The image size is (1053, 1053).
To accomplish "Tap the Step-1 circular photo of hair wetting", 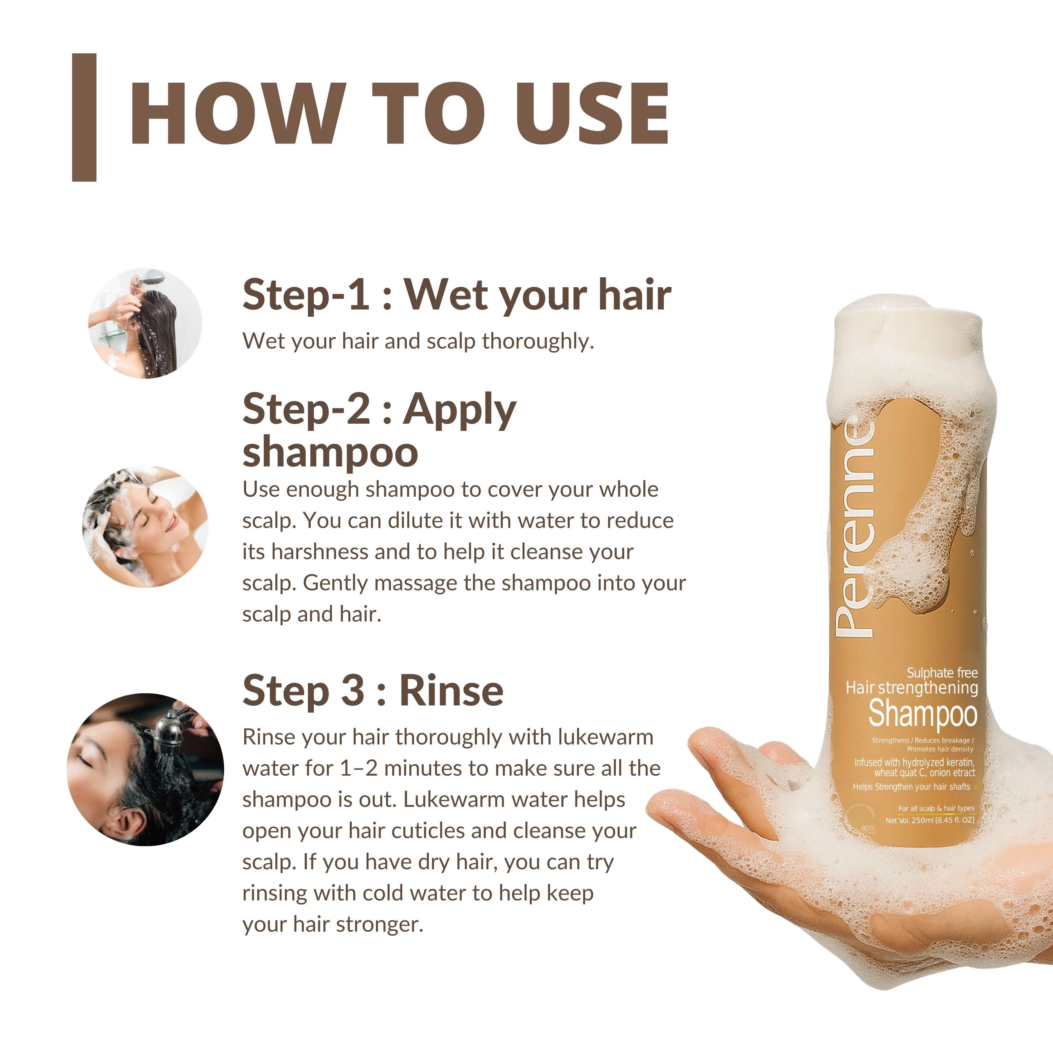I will (145, 323).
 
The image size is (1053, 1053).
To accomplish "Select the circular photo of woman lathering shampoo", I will (145, 527).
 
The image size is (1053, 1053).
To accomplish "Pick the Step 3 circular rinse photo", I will (145, 770).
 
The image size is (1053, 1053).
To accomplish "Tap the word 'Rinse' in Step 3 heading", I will (451, 690).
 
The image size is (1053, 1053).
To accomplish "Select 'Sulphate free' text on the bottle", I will (942, 673).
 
